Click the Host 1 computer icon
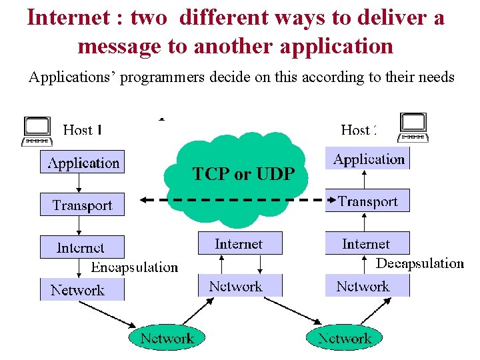[37, 131]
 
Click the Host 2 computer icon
[413, 127]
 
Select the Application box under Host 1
[82, 162]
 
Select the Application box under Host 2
[368, 159]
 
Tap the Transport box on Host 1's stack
[82, 205]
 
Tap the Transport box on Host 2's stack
[368, 201]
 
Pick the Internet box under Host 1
[81, 247]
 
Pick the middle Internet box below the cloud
[239, 243]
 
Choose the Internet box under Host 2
[367, 243]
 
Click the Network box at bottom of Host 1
[78, 289]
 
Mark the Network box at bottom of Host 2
[364, 286]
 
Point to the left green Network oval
[167, 337]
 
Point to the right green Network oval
[344, 337]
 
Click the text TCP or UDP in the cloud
[243, 175]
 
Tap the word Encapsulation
[135, 267]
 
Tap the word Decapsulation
[420, 263]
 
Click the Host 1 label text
[82, 129]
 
